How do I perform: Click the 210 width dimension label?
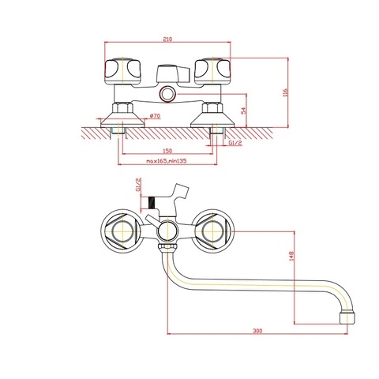pyautogui.click(x=167, y=39)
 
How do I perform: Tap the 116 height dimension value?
pyautogui.click(x=286, y=92)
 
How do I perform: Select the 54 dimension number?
pyautogui.click(x=244, y=111)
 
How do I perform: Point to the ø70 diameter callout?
pyautogui.click(x=155, y=116)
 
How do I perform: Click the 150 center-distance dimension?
pyautogui.click(x=167, y=151)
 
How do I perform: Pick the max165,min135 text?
pyautogui.click(x=167, y=161)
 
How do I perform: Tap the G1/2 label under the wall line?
pyautogui.click(x=235, y=143)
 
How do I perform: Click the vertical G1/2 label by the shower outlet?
pyautogui.click(x=138, y=185)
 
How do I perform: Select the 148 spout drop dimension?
pyautogui.click(x=291, y=256)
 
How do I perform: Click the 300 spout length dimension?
pyautogui.click(x=257, y=331)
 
